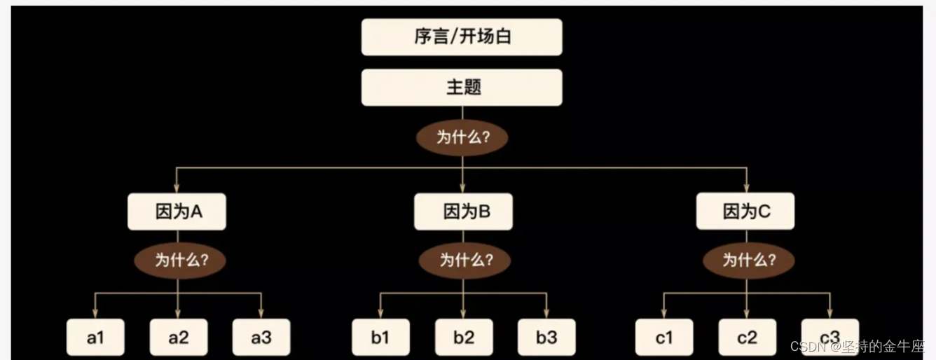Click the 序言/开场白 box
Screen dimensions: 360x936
click(x=462, y=37)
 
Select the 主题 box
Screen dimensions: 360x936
click(x=462, y=88)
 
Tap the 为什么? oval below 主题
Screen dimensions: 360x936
click(x=462, y=137)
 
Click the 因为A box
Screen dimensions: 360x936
click(x=177, y=212)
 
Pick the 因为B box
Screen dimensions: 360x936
click(x=463, y=212)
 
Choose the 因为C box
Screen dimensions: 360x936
click(x=745, y=211)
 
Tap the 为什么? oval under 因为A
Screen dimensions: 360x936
click(x=180, y=261)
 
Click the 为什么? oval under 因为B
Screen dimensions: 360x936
click(x=464, y=261)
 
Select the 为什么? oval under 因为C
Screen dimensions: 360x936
click(x=748, y=261)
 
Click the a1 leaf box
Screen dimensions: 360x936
click(x=95, y=338)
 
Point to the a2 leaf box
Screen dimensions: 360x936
click(x=179, y=338)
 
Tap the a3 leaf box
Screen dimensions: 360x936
click(x=261, y=338)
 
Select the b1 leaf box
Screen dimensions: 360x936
click(x=380, y=338)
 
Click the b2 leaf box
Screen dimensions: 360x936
click(x=464, y=338)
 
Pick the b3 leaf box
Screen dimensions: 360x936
click(x=546, y=338)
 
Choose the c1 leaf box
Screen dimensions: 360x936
click(x=664, y=338)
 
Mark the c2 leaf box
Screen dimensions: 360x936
click(x=747, y=338)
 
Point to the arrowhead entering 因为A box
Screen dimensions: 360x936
click(x=177, y=188)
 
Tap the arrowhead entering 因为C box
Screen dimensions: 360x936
click(x=746, y=188)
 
